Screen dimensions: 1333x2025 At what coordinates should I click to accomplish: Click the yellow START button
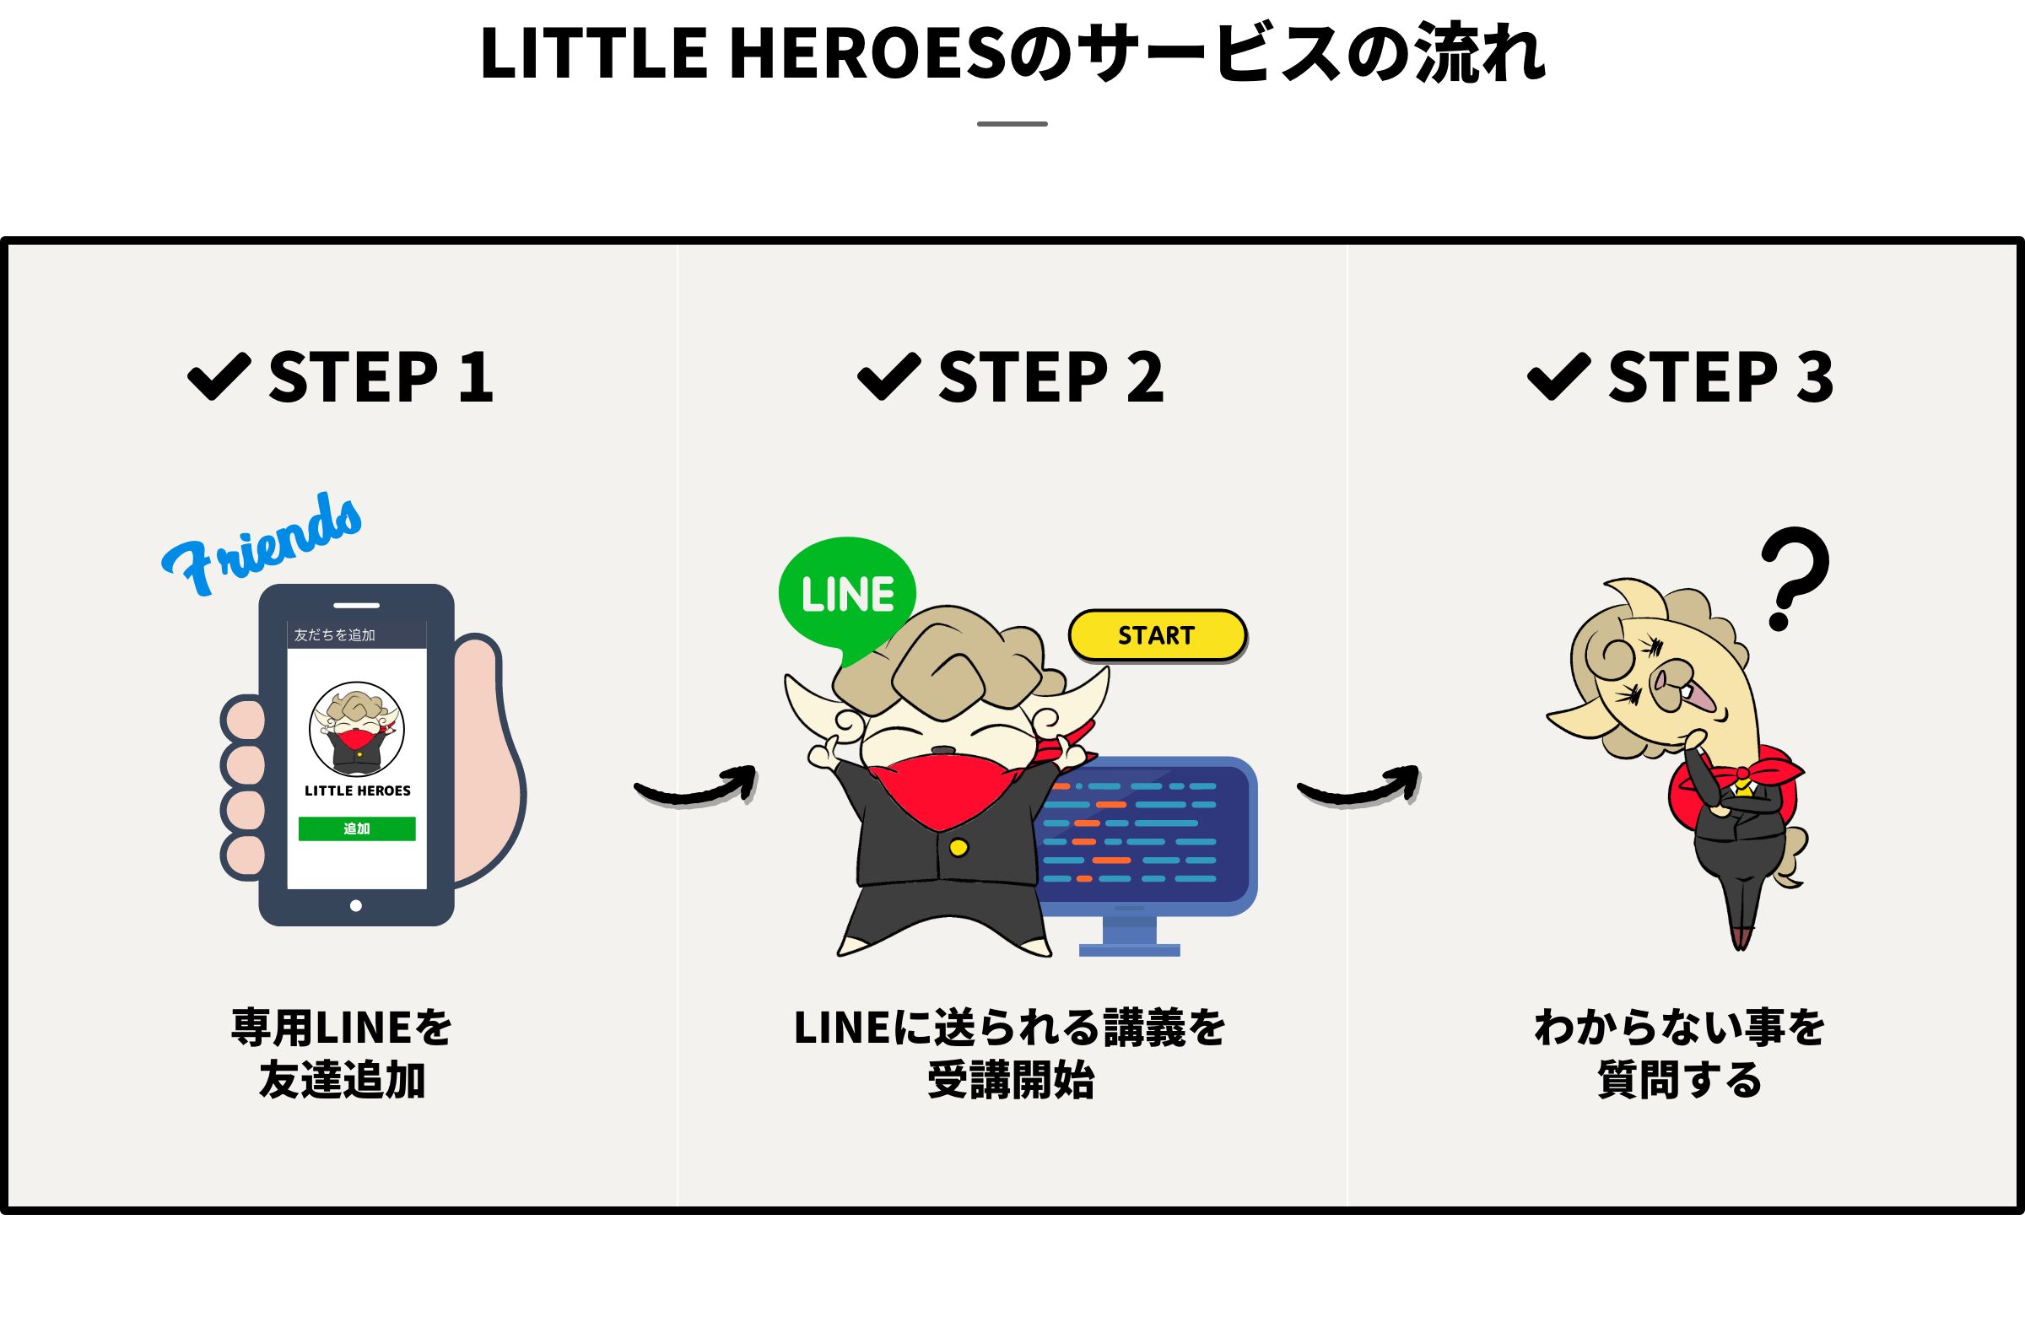click(1157, 635)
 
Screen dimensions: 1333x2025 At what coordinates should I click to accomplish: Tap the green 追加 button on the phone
click(357, 828)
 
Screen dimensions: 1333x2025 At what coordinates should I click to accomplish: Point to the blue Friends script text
click(264, 544)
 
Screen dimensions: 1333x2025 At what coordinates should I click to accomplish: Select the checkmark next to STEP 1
click(219, 376)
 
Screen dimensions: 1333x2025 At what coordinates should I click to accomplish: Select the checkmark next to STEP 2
click(888, 376)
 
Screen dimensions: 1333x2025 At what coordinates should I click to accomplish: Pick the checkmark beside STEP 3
click(1558, 376)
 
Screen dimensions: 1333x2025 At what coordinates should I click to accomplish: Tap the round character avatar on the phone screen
click(357, 729)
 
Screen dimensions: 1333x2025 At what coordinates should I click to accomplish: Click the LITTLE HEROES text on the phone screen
click(358, 791)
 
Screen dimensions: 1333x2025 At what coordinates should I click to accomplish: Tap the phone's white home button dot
click(356, 905)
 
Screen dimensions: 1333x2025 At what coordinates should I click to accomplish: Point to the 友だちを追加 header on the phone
click(334, 634)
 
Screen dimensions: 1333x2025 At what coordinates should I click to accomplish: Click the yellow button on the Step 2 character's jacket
click(958, 847)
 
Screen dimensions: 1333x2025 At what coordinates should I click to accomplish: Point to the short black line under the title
click(1012, 124)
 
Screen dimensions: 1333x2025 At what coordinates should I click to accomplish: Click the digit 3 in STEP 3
click(1814, 377)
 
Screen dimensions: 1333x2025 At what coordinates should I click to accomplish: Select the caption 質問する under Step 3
click(1680, 1081)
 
